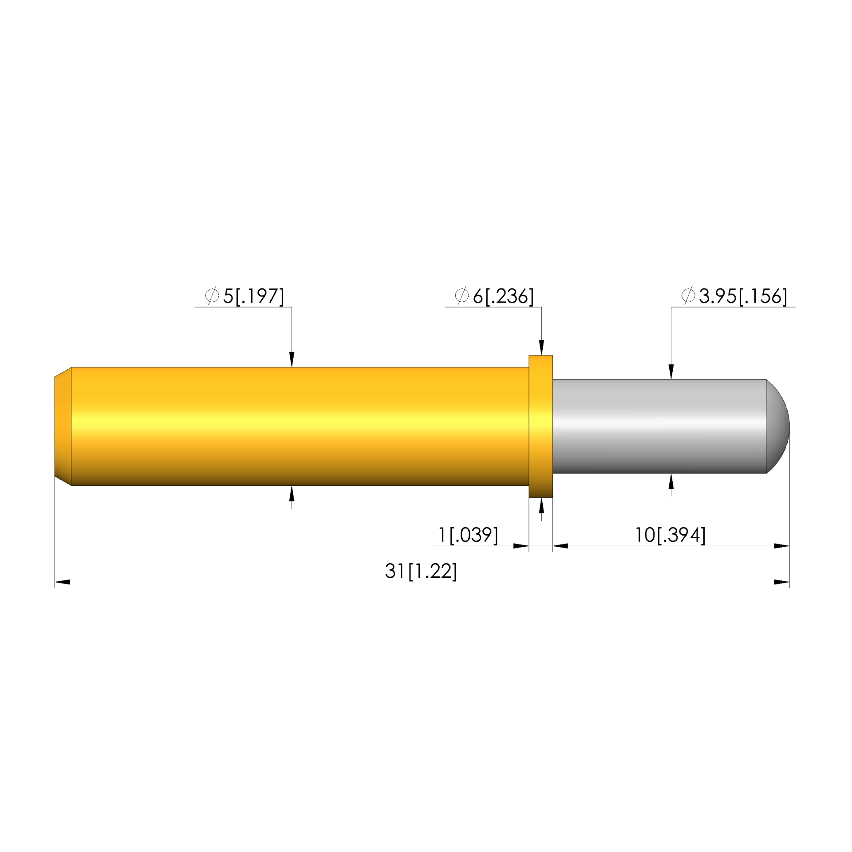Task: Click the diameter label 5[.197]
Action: pos(253,296)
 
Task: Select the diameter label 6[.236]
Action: pos(503,296)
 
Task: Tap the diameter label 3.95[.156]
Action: pos(743,296)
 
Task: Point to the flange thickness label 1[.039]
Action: pos(468,535)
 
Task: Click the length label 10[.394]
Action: pos(670,535)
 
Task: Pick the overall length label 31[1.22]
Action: pos(421,571)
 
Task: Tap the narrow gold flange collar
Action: pos(540,426)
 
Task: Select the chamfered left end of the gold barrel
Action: pos(63,426)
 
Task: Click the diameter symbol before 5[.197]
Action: pos(212,296)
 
